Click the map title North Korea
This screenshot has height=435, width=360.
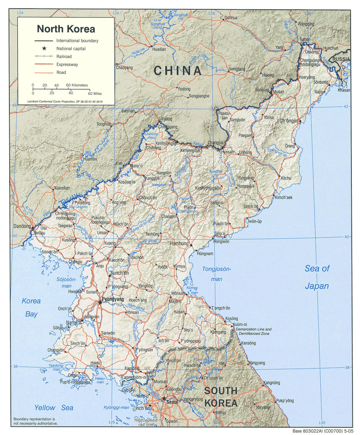66,28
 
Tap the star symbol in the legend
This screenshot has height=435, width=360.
44,48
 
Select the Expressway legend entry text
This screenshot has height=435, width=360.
67,65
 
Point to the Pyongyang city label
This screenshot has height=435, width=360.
113,299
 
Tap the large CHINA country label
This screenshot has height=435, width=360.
178,71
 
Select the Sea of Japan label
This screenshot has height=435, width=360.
317,277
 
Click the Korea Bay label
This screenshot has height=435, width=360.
31,307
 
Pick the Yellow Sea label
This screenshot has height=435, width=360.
54,408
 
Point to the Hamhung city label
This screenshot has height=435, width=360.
179,244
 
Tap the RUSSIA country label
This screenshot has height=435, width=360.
341,59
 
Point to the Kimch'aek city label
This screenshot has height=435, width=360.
284,198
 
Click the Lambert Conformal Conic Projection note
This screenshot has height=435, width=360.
65,101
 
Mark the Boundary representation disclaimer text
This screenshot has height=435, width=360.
34,421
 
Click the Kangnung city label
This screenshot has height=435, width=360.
272,382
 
